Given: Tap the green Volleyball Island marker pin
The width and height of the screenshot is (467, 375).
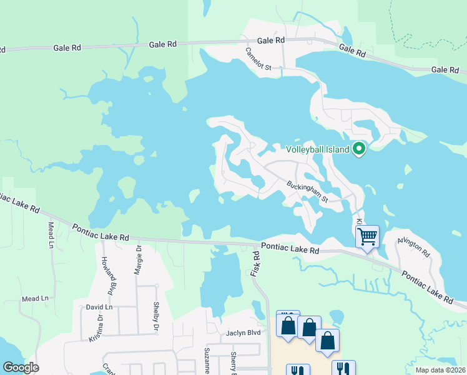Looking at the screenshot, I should (358, 149).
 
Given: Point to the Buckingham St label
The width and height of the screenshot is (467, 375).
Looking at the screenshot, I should (307, 192).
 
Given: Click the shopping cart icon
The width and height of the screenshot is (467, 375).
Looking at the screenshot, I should (367, 236).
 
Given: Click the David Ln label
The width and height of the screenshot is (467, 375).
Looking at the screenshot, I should (99, 307).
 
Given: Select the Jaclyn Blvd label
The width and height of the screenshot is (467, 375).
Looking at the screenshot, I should (243, 333).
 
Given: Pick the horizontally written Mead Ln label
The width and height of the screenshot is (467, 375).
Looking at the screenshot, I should (35, 299).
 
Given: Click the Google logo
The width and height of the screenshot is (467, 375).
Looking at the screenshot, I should (21, 367).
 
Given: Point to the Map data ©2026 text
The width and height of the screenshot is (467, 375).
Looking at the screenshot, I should (440, 370).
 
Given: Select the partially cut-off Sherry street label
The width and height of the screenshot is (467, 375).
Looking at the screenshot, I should (233, 362).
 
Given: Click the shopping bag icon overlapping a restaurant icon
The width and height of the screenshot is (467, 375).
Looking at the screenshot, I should (288, 325).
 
